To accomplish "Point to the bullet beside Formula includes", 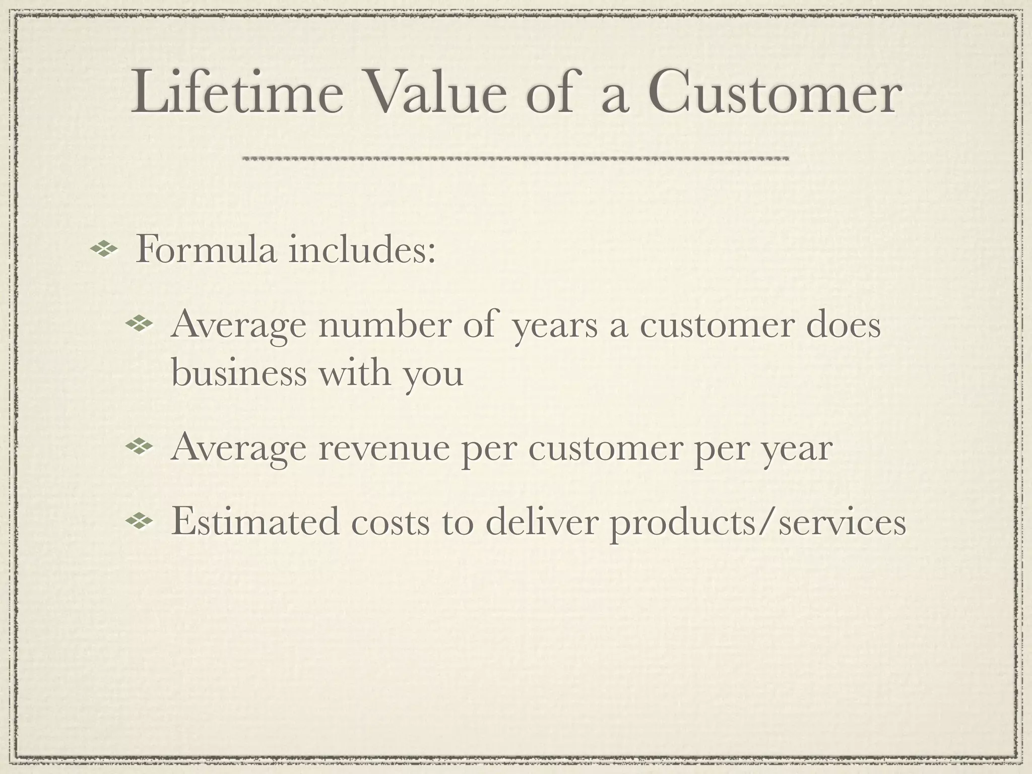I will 103,249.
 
